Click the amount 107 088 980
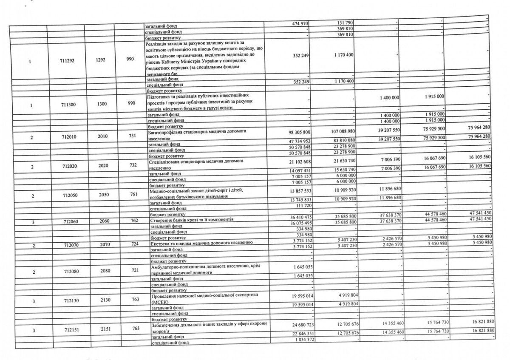pyautogui.click(x=340, y=133)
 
